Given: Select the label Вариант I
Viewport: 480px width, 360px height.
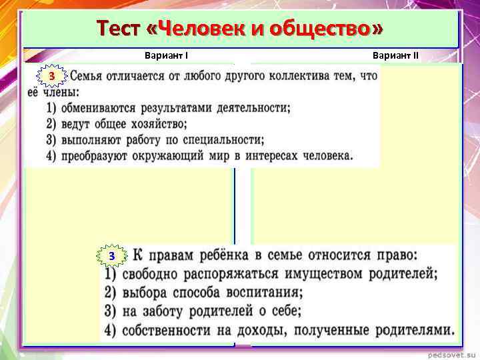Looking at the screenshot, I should click(x=170, y=56).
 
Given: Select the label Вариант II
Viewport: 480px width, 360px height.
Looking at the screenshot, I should click(x=396, y=56).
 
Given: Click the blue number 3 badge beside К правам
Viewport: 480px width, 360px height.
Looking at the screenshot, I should click(x=112, y=256).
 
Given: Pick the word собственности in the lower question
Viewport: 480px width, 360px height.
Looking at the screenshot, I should click(x=177, y=329).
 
